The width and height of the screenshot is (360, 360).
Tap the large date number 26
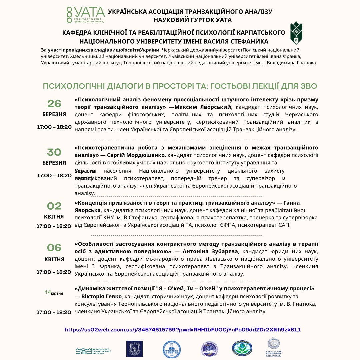pyautogui.click(x=54, y=104)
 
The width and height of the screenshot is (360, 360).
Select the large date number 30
pyautogui.click(x=54, y=152)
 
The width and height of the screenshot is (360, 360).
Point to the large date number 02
pyautogui.click(x=54, y=206)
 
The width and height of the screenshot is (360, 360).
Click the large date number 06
pyautogui.click(x=54, y=248)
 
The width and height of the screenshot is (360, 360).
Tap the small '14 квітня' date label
pyautogui.click(x=54, y=293)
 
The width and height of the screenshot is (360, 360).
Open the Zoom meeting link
pyautogui.click(x=183, y=330)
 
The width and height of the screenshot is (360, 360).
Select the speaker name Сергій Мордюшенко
pyautogui.click(x=136, y=155)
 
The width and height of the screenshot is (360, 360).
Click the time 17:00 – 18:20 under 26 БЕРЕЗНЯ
pyautogui.click(x=54, y=127)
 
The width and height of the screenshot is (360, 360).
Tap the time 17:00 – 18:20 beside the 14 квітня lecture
pyautogui.click(x=54, y=312)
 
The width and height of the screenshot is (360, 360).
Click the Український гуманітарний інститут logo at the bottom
pyautogui.click(x=93, y=350)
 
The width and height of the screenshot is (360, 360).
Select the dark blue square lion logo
pyautogui.click(x=134, y=349)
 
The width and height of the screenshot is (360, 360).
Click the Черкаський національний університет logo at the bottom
pyautogui.click(x=275, y=348)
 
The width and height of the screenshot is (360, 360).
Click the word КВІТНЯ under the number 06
pyautogui.click(x=54, y=259)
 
